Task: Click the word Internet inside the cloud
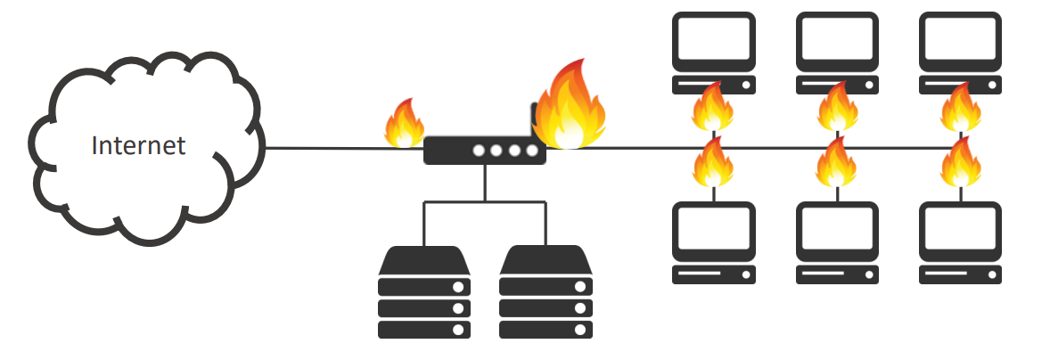coord(138,145)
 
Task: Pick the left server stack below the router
coord(424,291)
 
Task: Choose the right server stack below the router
coord(546,291)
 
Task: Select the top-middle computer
coord(837,53)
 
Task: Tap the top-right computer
coord(960,53)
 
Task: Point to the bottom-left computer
coord(714,242)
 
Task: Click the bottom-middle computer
coord(837,242)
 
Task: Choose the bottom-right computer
coord(960,242)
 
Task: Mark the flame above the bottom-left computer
coord(712,162)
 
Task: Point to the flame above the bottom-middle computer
coord(836,162)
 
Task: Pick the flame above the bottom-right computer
coord(960,162)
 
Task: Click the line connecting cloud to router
coord(345,148)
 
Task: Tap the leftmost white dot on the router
coord(478,151)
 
